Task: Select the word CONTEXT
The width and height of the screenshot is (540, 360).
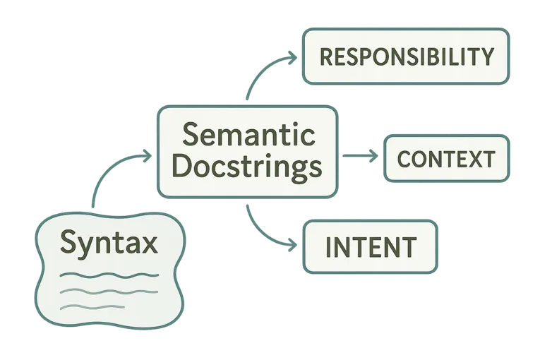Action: pyautogui.click(x=445, y=159)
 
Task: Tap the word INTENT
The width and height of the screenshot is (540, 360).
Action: pyautogui.click(x=371, y=246)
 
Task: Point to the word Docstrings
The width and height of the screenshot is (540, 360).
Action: pyautogui.click(x=247, y=167)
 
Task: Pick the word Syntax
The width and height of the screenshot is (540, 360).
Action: pyautogui.click(x=109, y=243)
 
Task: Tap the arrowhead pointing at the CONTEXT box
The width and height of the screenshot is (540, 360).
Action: pyautogui.click(x=374, y=155)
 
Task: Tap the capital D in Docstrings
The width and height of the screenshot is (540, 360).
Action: pyautogui.click(x=181, y=167)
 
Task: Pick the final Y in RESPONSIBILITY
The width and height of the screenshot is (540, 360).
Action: pyautogui.click(x=486, y=56)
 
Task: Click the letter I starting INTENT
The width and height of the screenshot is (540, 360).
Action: pyautogui.click(x=329, y=246)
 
